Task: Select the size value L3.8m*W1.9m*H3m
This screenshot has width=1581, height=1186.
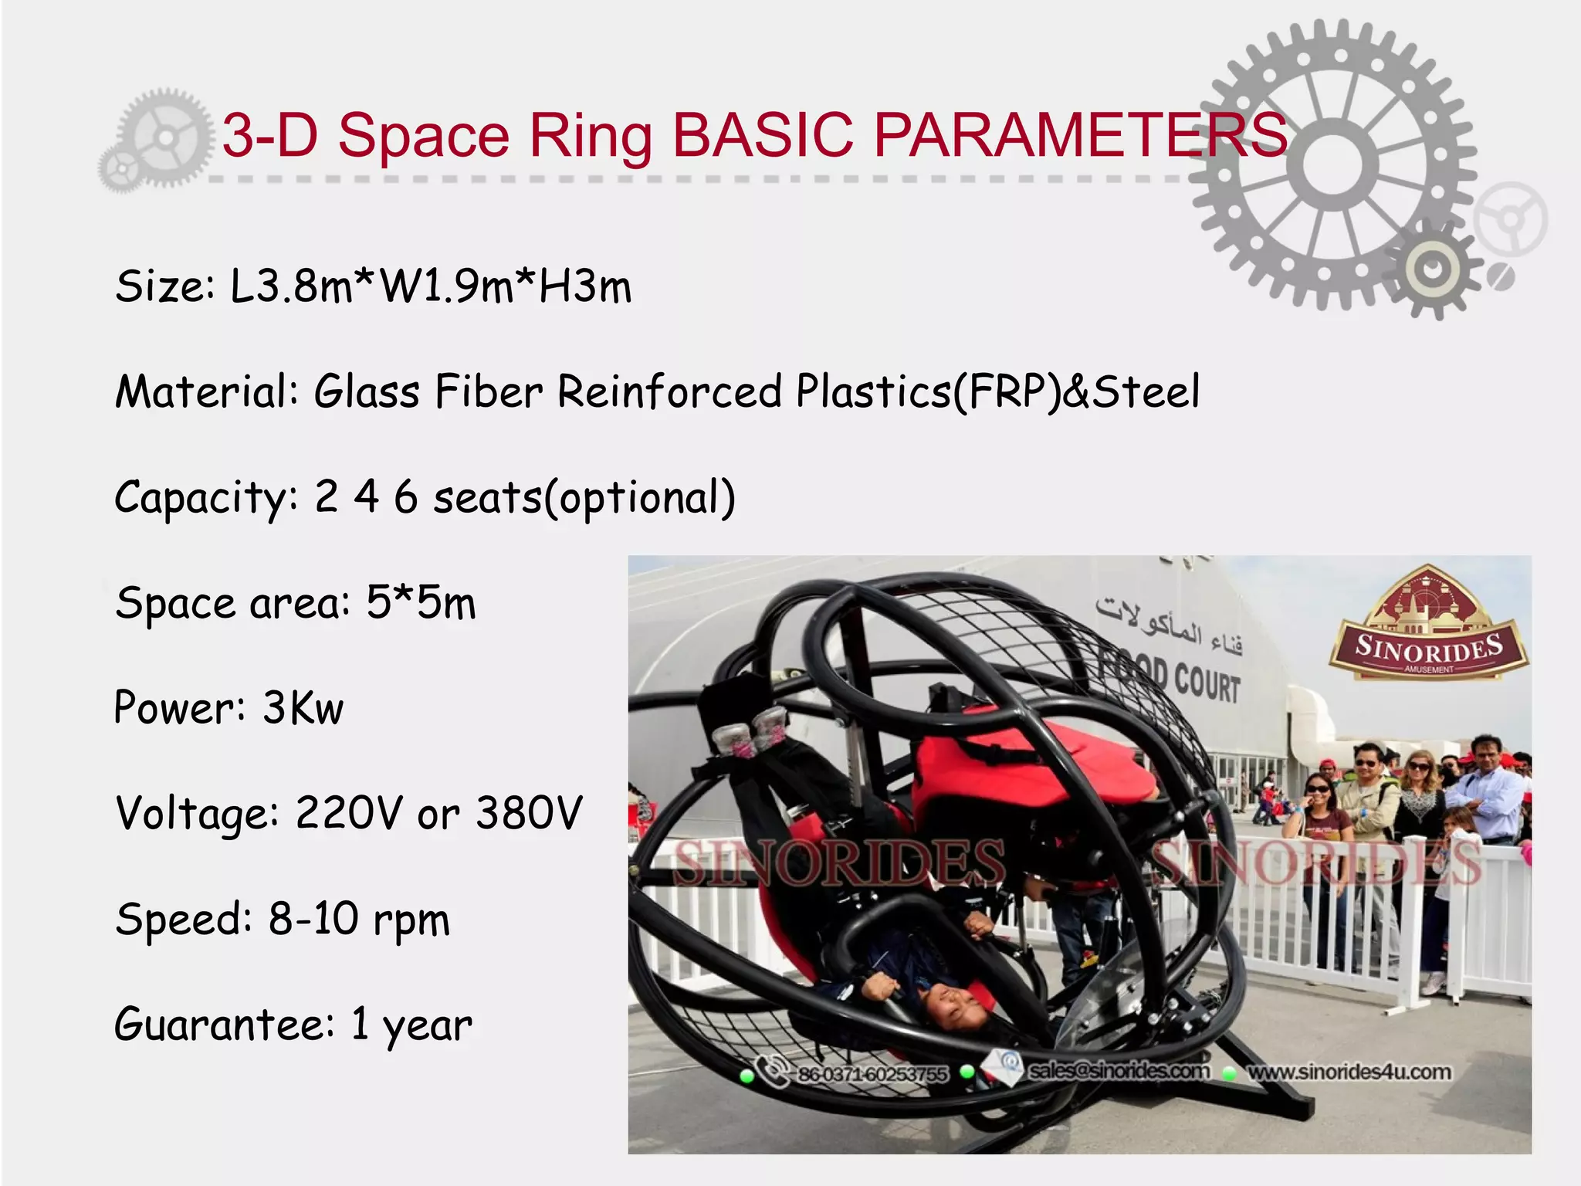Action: point(431,286)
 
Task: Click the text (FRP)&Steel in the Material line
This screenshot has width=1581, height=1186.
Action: point(1076,391)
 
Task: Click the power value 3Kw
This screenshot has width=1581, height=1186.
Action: point(303,707)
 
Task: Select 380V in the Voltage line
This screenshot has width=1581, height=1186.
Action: point(529,813)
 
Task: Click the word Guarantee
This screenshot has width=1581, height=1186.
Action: point(224,1024)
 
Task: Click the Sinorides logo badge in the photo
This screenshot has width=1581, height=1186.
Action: point(1428,625)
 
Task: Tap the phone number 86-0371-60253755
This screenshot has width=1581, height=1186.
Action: point(872,1074)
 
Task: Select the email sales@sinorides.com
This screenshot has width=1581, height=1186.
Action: point(1119,1071)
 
